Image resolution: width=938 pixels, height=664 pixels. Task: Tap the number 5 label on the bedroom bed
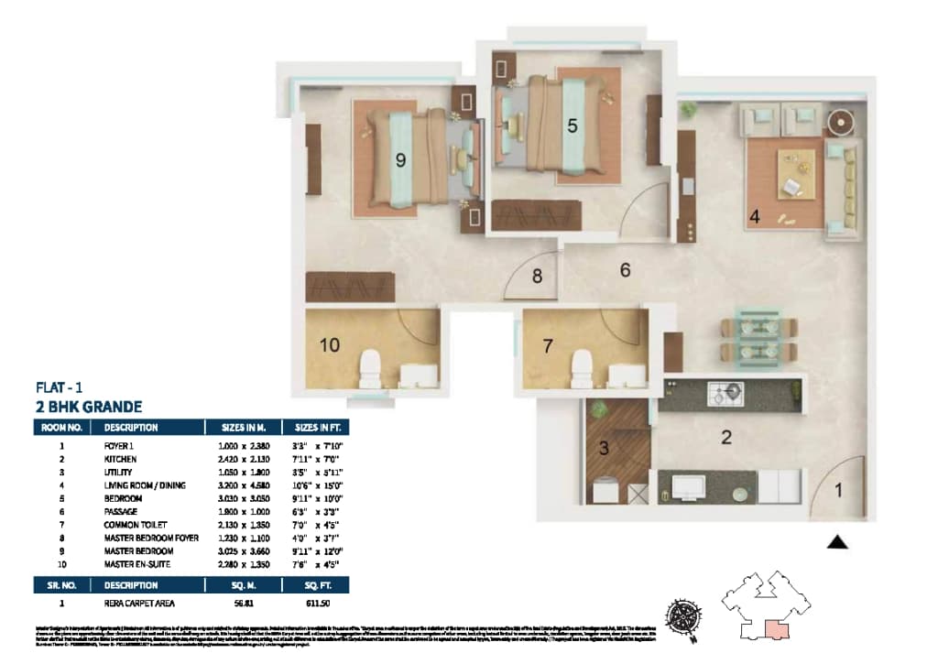coord(572,126)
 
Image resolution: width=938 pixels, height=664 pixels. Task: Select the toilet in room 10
coord(370,367)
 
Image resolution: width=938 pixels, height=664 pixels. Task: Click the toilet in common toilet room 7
coord(582,367)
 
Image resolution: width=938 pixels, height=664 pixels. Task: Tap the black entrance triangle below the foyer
coord(836,542)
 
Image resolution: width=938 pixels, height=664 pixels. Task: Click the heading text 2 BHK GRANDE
coord(88,407)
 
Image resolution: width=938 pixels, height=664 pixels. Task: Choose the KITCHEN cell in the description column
coord(122,458)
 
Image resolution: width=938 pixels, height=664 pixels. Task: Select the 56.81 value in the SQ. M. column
coord(234,604)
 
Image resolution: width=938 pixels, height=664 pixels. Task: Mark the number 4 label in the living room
coord(754,217)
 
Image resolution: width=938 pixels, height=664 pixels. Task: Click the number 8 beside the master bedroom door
coord(538,275)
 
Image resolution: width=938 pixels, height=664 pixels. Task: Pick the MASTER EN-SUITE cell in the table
coord(138,564)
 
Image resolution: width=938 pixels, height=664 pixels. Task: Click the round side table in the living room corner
coord(841,122)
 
